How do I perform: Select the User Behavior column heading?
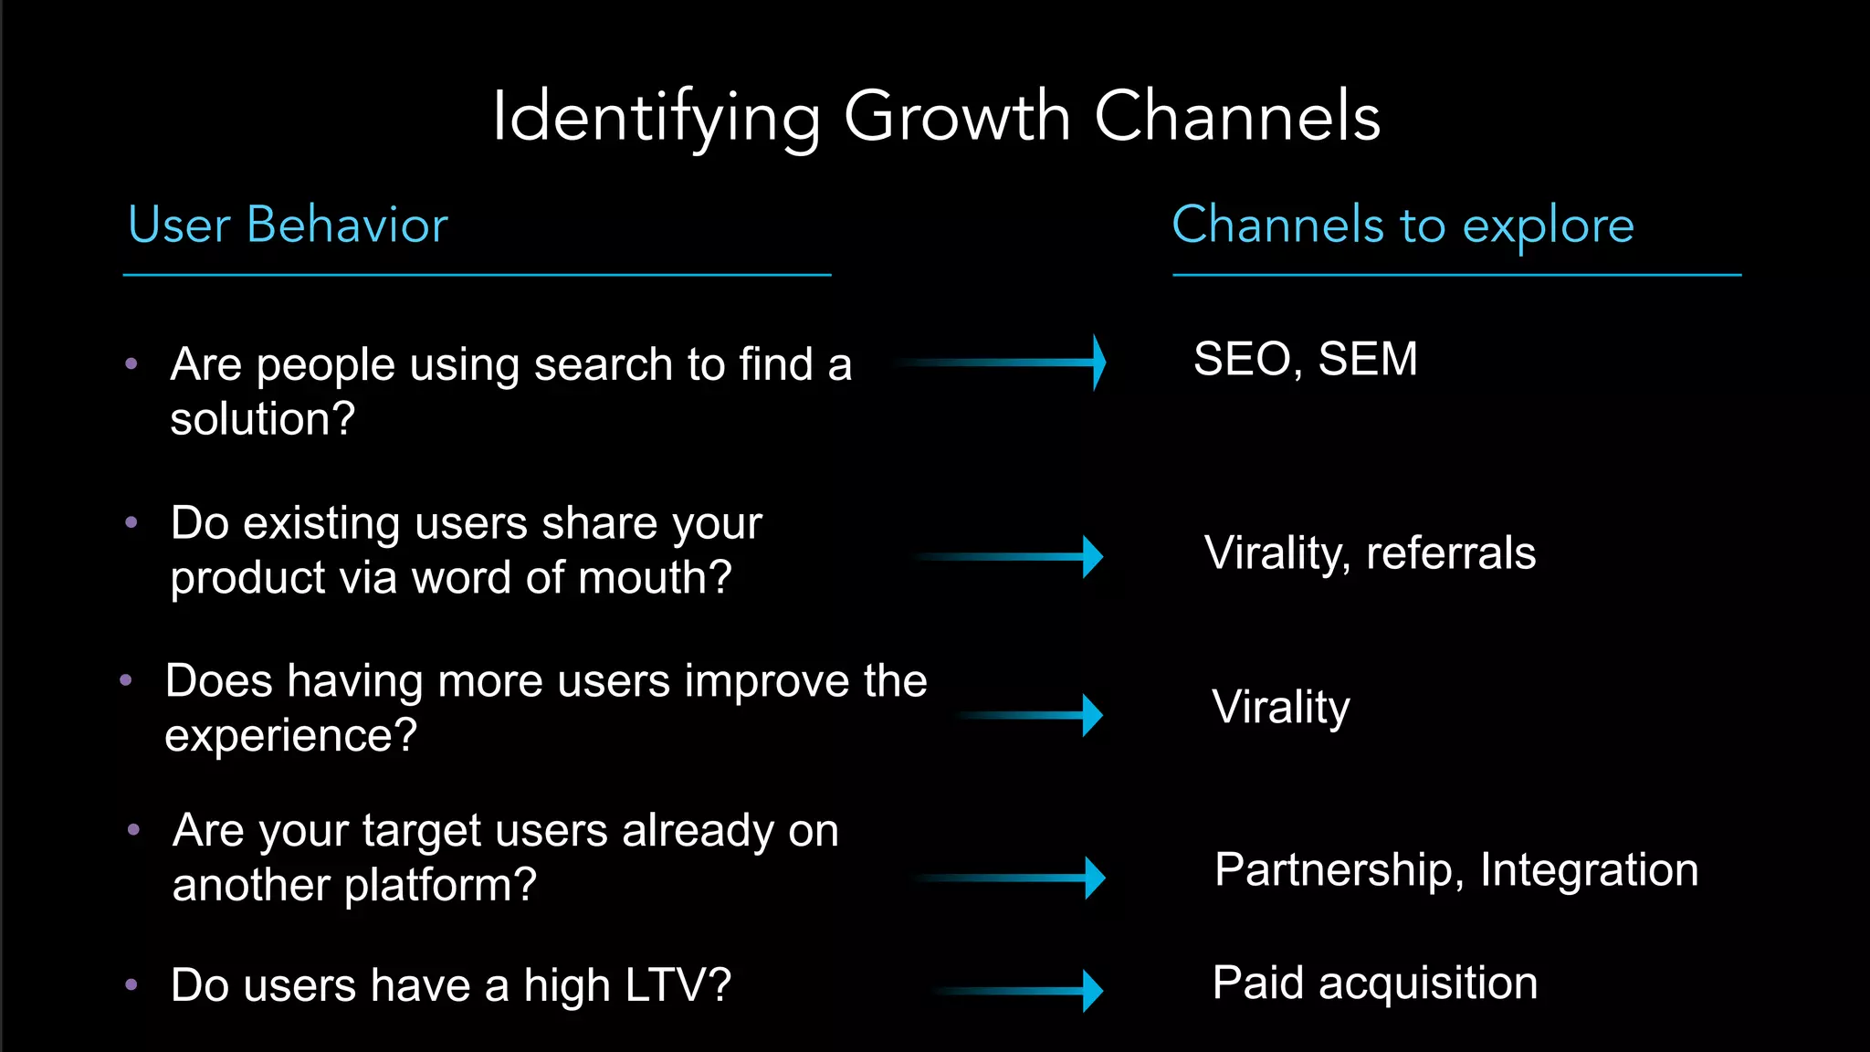[x=288, y=225]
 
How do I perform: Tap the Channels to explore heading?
[x=1402, y=225]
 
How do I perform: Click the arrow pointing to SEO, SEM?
[x=1004, y=363]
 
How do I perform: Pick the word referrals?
[x=1451, y=553]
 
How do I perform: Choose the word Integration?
[x=1589, y=869]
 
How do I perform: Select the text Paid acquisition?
[x=1374, y=984]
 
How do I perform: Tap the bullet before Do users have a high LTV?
[x=131, y=985]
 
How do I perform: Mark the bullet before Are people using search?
[x=131, y=364]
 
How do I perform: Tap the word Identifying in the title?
[x=656, y=119]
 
